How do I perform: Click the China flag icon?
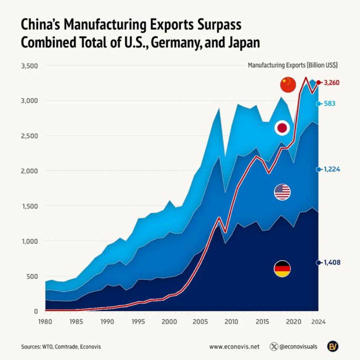tap(288, 85)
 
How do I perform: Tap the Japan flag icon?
tap(282, 128)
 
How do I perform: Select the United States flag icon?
tap(282, 192)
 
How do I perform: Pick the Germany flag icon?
tap(282, 269)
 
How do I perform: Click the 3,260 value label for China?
tap(332, 83)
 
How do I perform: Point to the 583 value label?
tap(330, 104)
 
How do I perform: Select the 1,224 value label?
tap(332, 169)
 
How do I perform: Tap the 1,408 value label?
tap(332, 263)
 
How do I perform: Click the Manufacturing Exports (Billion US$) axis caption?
tap(293, 65)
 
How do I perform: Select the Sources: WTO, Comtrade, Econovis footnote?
tap(61, 347)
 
